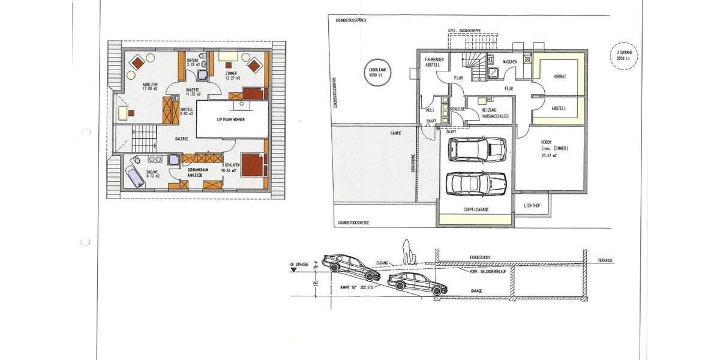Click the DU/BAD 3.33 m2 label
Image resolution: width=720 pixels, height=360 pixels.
pos(193,63)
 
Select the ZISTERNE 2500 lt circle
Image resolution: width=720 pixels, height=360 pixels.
pos(622,55)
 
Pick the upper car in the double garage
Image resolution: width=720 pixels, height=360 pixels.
pos(478,149)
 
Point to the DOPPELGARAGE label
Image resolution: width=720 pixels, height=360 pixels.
pos(477,210)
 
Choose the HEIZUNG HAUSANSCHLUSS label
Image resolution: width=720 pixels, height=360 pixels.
pos(495,113)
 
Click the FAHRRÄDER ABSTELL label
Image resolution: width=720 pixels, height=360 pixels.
pos(434,63)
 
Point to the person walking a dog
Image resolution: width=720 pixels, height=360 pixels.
pos(409,253)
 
